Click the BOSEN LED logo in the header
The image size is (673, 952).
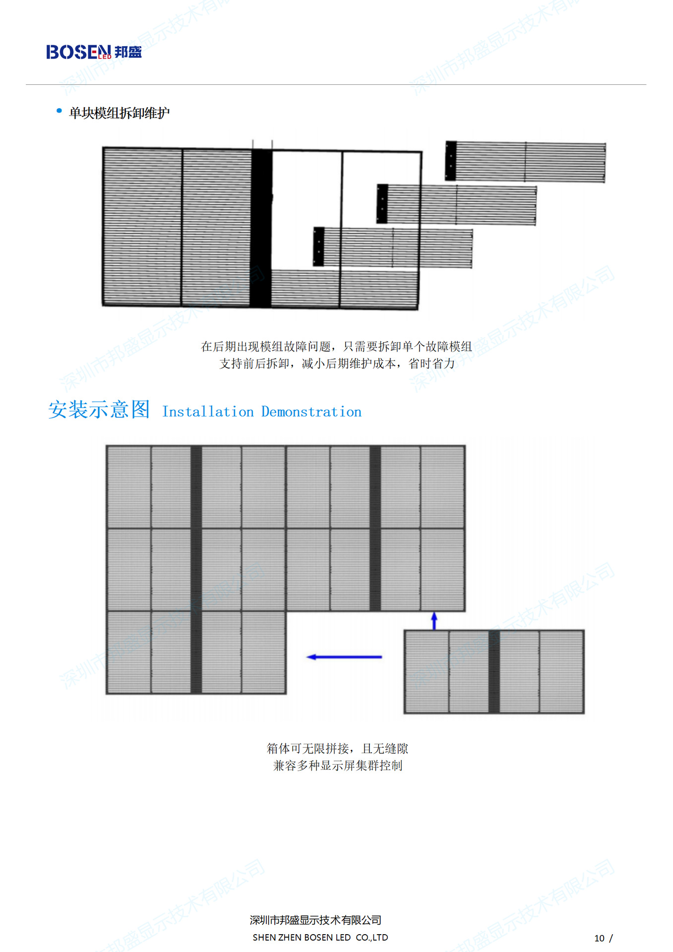[x=94, y=52]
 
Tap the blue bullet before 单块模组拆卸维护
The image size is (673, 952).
[x=60, y=111]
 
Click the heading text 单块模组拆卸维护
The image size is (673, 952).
[x=119, y=113]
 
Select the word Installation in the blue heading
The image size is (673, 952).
[x=208, y=412]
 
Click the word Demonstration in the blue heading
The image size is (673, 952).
[x=311, y=412]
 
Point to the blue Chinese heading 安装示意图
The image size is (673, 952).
[x=99, y=410]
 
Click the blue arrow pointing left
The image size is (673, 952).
[x=344, y=657]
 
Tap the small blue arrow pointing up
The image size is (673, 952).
[x=434, y=620]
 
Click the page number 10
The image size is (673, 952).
[x=599, y=938]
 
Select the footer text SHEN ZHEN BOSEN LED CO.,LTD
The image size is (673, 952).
[x=320, y=937]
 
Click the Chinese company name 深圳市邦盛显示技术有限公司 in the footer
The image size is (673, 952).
[x=315, y=920]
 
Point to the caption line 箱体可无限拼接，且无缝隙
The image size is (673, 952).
[x=337, y=748]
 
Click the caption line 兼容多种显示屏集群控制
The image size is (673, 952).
[x=337, y=766]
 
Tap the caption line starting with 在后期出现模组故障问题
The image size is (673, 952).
[x=336, y=347]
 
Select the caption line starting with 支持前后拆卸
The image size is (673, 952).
[x=337, y=363]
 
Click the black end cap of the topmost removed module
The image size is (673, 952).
[x=451, y=161]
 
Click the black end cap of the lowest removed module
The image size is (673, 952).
[x=319, y=246]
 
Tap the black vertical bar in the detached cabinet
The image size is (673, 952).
[x=494, y=672]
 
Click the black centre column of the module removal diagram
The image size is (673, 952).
[x=261, y=228]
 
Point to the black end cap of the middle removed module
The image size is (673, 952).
[x=382, y=204]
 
